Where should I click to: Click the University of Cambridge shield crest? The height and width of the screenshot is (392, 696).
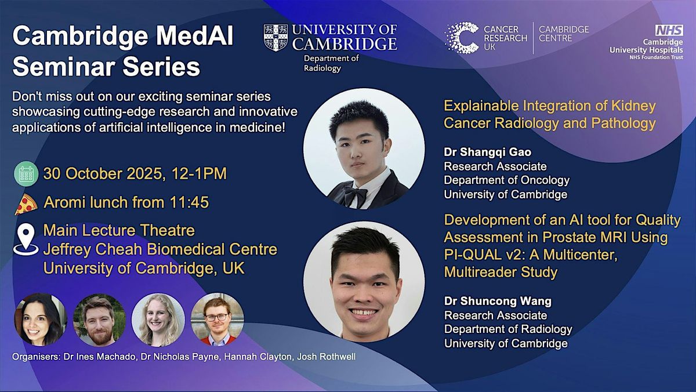click(x=275, y=38)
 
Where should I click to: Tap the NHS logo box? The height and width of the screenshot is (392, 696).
click(x=669, y=30)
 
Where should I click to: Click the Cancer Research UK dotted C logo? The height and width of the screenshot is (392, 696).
click(x=462, y=38)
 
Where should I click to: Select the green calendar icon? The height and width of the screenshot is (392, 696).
click(x=27, y=174)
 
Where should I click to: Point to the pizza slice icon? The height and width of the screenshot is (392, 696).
click(x=26, y=204)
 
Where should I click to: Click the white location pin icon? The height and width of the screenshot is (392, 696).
click(x=26, y=239)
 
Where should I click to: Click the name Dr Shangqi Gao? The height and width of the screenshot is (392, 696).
click(x=488, y=152)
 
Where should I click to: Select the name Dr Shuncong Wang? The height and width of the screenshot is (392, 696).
click(x=498, y=301)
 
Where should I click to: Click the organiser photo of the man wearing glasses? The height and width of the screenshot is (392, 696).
click(x=217, y=320)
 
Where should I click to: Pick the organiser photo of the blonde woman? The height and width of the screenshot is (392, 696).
click(x=158, y=320)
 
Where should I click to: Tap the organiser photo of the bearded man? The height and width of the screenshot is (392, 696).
click(x=99, y=320)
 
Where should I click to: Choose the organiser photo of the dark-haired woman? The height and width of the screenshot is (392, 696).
click(x=41, y=320)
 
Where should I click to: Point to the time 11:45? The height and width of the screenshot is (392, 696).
click(x=189, y=202)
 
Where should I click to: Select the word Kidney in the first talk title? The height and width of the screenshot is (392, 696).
click(x=633, y=106)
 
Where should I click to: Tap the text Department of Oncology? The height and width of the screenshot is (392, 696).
click(x=507, y=180)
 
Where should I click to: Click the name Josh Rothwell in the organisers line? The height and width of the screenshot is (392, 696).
click(x=326, y=357)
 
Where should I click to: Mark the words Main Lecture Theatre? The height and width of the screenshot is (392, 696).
click(x=119, y=230)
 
